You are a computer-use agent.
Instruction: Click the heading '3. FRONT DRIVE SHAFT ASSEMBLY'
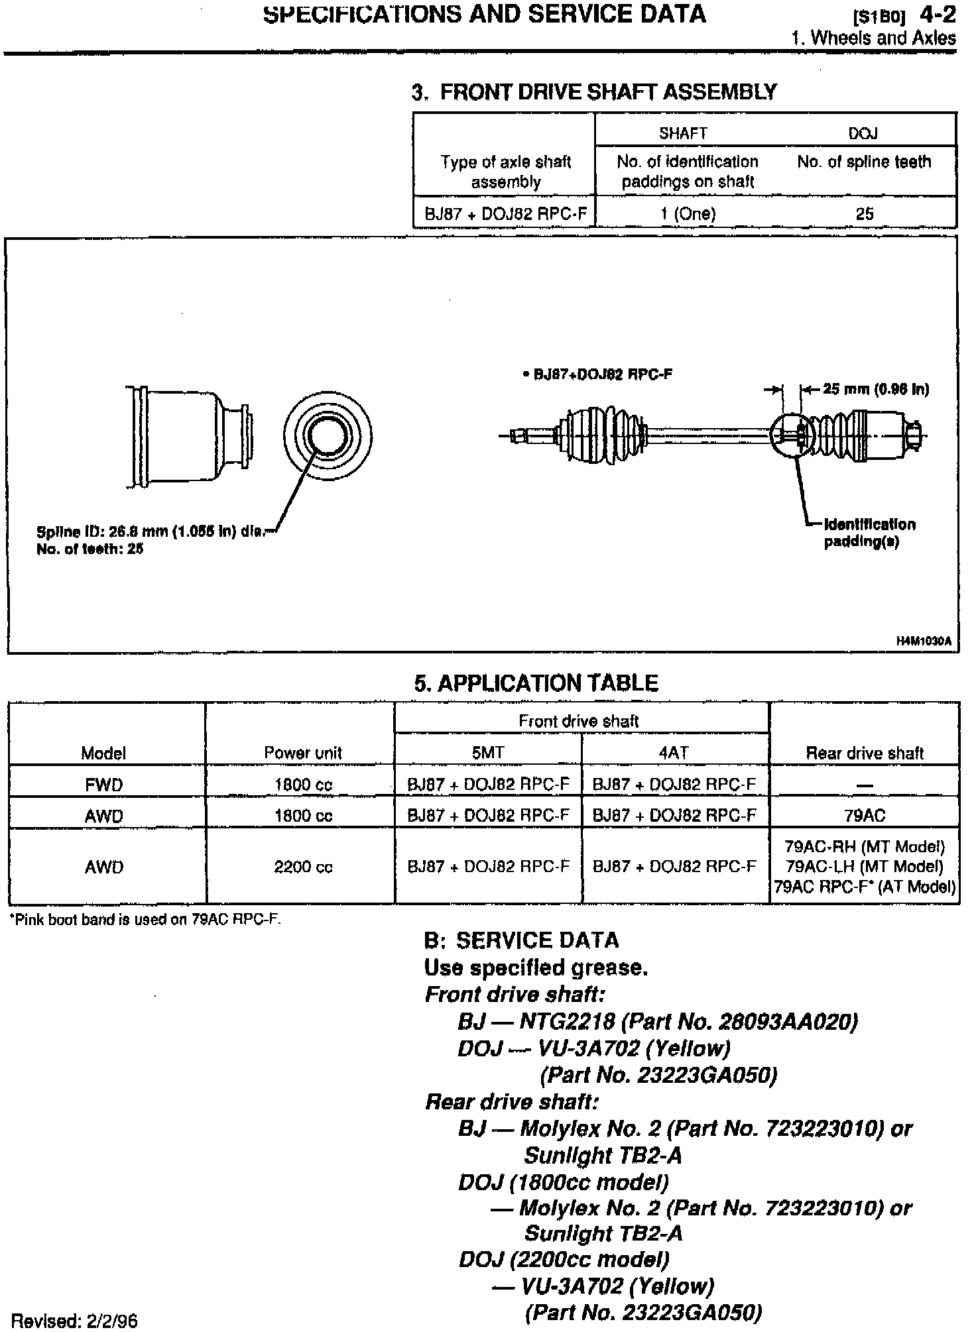[x=594, y=91]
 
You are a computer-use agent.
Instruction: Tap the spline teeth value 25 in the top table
[x=865, y=213]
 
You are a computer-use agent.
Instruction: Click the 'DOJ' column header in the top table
[x=863, y=134]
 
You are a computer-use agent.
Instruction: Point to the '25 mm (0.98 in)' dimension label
[x=876, y=389]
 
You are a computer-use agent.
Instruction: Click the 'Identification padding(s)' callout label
[x=870, y=533]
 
